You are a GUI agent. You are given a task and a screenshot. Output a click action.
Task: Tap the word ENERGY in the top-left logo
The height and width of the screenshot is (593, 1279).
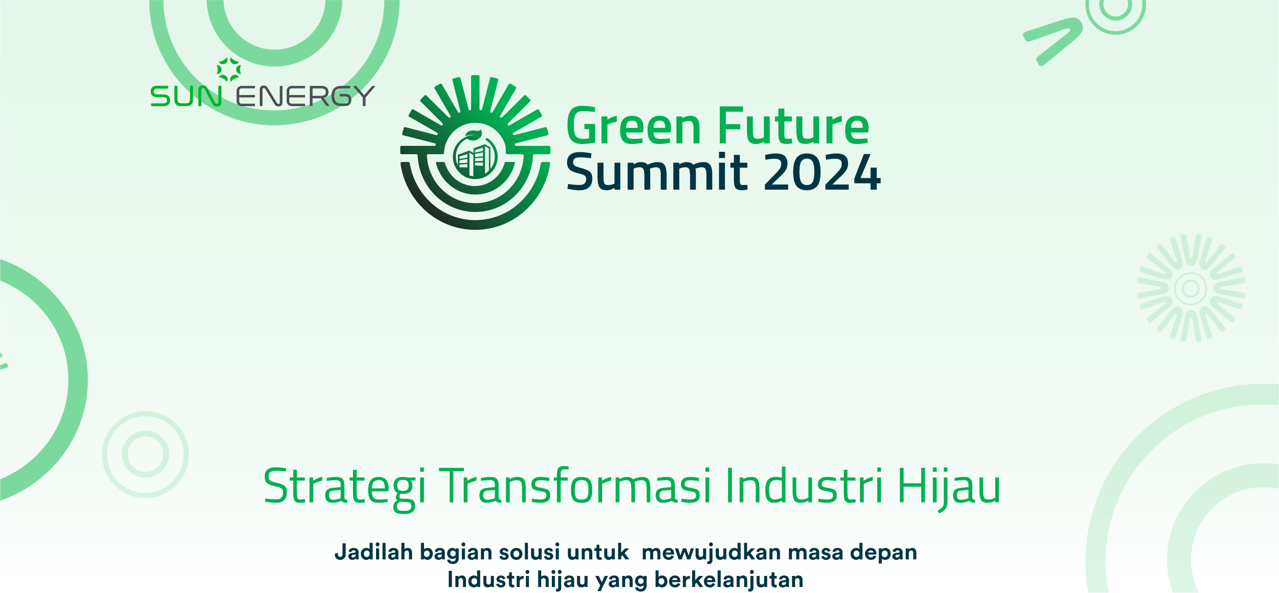(x=305, y=96)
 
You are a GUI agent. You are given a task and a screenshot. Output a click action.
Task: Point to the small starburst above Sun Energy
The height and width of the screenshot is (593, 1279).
(x=229, y=70)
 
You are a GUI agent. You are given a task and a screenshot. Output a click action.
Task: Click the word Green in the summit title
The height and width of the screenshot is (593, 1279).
(x=634, y=126)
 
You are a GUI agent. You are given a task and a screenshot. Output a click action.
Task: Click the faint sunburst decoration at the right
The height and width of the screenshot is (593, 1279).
(x=1190, y=288)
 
